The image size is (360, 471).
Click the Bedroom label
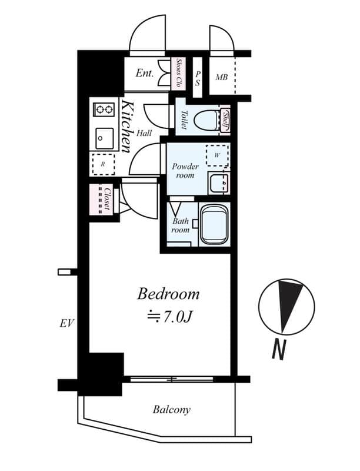[168, 294]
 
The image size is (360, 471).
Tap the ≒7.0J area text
[169, 317]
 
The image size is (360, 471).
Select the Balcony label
[172, 410]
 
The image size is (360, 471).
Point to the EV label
[66, 323]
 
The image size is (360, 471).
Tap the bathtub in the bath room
[215, 224]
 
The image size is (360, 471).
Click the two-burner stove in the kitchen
[104, 110]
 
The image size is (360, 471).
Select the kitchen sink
[104, 138]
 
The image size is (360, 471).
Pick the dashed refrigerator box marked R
[103, 164]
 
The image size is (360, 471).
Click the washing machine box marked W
[217, 156]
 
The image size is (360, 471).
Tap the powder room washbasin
[219, 183]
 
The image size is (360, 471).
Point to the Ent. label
[145, 74]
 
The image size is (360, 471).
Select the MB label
[222, 77]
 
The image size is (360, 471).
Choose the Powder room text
[185, 171]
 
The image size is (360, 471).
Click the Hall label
[144, 133]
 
